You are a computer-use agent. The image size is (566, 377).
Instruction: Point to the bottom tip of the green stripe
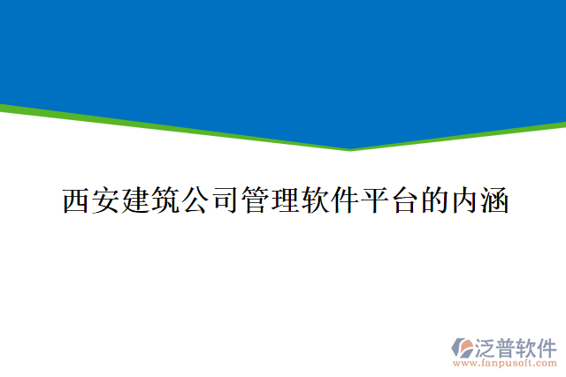(351, 149)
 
